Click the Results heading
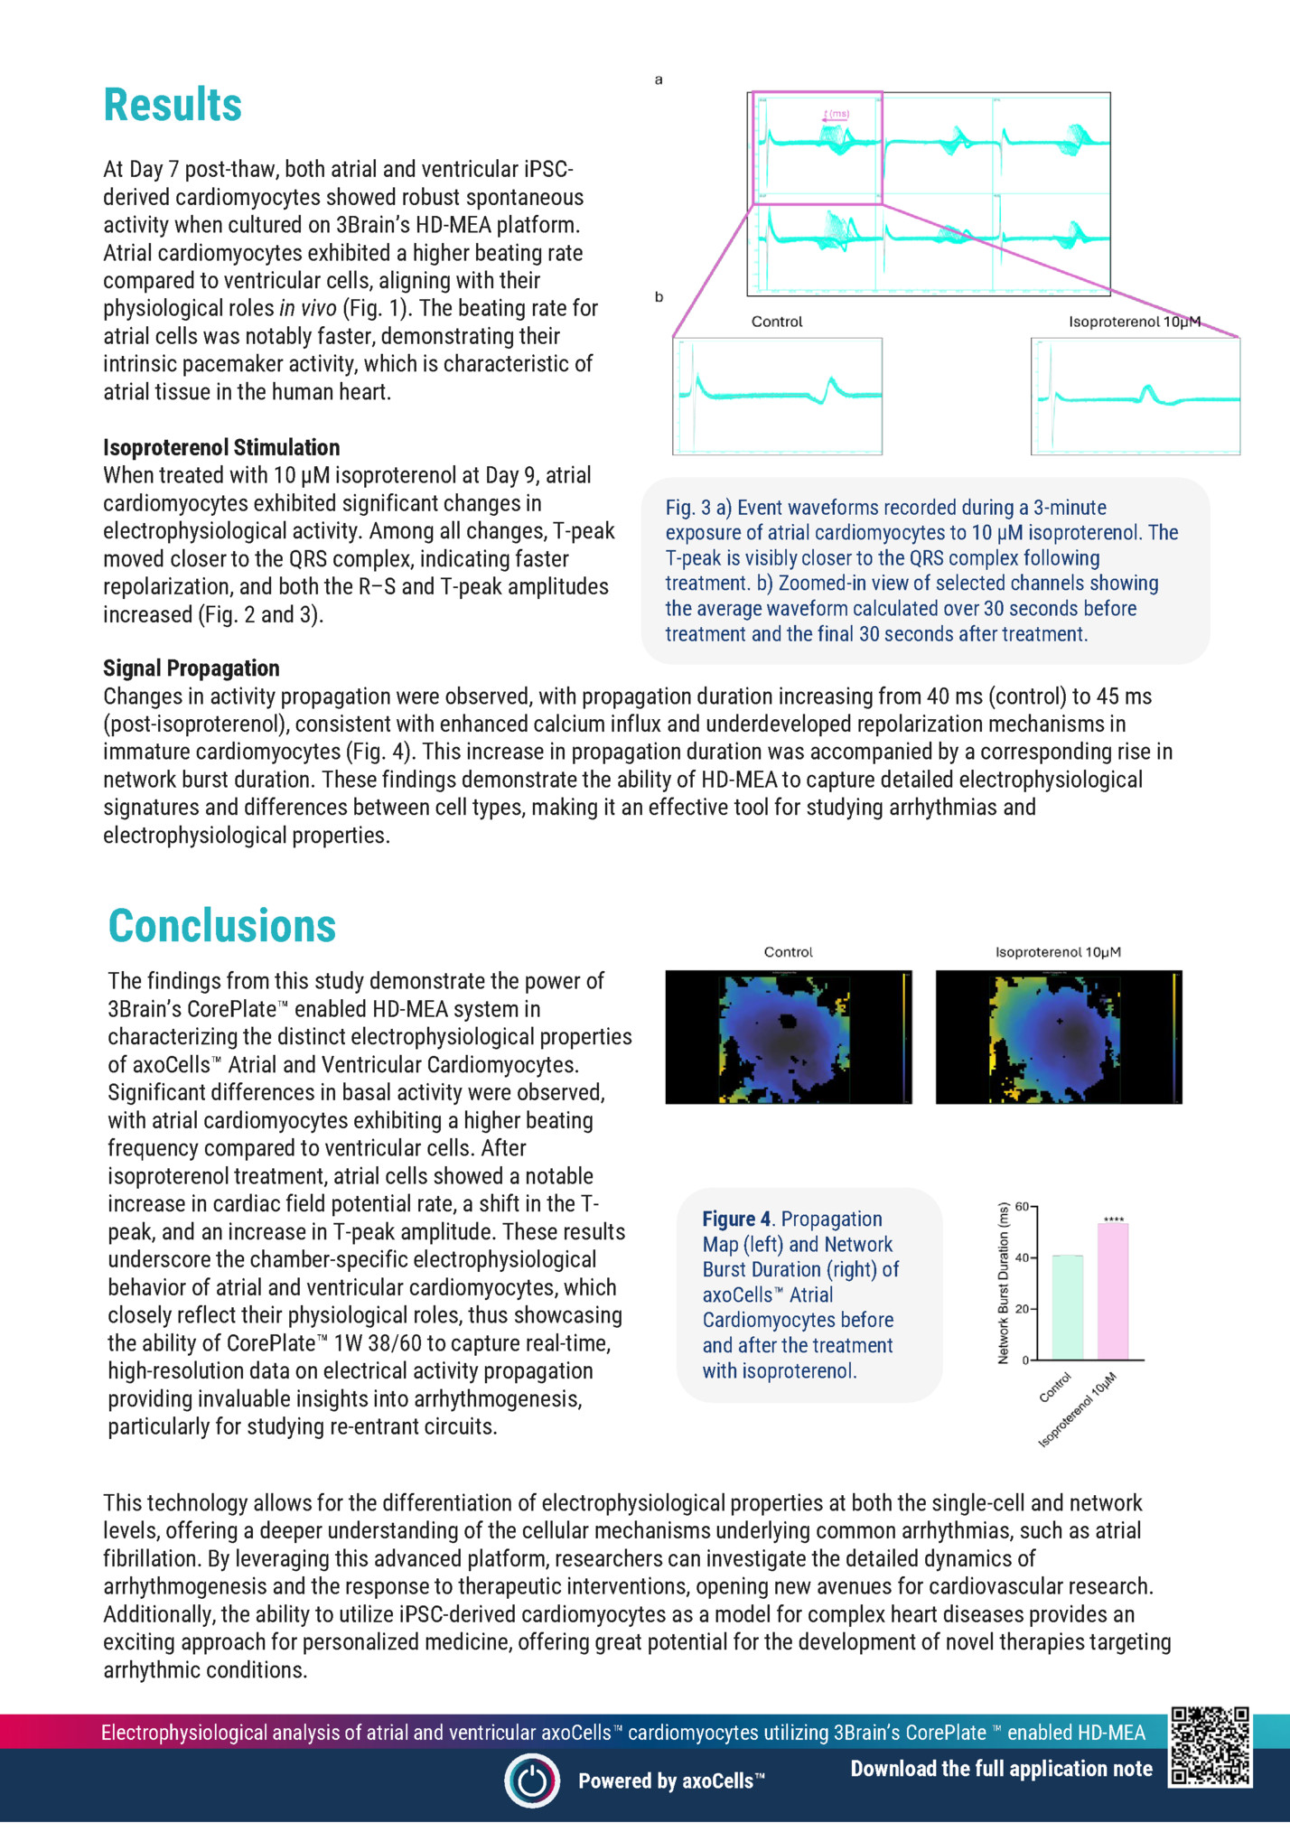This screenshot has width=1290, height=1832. (173, 105)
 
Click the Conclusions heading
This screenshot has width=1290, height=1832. (221, 926)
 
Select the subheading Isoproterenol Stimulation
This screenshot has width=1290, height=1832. (221, 447)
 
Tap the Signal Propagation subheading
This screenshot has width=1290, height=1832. (192, 668)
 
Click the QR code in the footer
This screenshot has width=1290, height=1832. (1210, 1746)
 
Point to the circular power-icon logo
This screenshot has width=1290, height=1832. (532, 1780)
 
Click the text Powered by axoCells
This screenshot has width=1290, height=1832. (671, 1781)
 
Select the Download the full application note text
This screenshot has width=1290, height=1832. (1001, 1768)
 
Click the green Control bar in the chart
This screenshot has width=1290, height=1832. (1068, 1307)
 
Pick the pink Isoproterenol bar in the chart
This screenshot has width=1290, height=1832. (1113, 1292)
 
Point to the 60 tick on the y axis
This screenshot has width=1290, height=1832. (1023, 1206)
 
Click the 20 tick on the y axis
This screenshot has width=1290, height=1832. (1023, 1308)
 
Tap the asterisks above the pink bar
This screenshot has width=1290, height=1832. (1114, 1220)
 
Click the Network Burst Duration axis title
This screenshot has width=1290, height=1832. (1004, 1283)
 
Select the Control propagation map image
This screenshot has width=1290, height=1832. (788, 1037)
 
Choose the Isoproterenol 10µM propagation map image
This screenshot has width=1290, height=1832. (1058, 1037)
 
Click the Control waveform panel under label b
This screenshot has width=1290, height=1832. (777, 396)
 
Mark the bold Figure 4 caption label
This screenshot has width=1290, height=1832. (736, 1219)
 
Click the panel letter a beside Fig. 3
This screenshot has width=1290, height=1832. (659, 79)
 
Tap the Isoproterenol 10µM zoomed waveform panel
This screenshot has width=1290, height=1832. (1135, 396)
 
